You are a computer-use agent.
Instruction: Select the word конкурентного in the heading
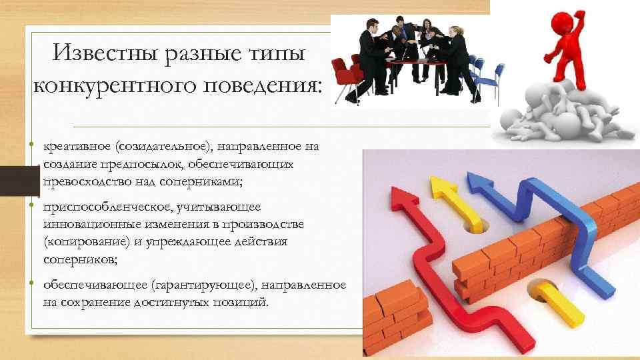[113, 86]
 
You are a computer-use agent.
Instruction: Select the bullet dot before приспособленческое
[32, 208]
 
